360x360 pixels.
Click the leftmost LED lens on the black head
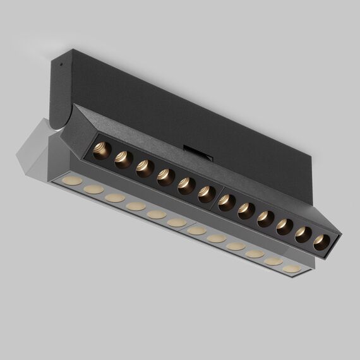point(102,151)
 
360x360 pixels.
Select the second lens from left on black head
point(123,160)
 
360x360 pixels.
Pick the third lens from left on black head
point(145,169)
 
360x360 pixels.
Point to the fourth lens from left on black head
point(166,177)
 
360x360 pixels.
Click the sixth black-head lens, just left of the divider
point(207,195)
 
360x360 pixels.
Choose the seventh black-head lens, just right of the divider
point(227,203)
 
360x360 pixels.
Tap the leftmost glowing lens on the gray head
point(71,181)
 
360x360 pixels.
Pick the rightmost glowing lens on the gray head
point(291,268)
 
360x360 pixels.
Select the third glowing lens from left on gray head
point(115,198)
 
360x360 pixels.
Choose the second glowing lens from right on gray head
point(273,261)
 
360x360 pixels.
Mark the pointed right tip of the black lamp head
point(341,235)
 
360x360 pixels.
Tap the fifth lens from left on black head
point(186,186)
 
